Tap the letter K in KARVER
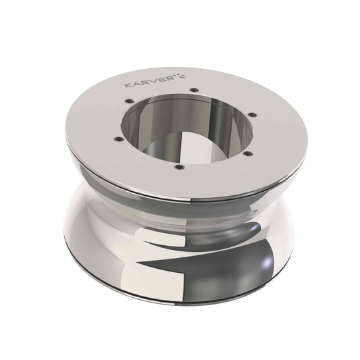128,86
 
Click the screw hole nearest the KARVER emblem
194,90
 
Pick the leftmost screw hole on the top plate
117,139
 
